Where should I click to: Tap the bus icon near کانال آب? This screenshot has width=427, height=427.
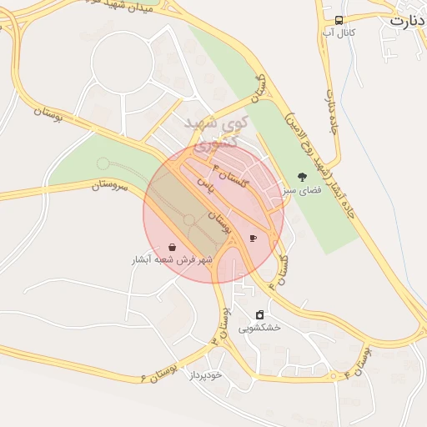pos(339,20)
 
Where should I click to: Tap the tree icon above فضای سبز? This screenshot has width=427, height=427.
pos(301,178)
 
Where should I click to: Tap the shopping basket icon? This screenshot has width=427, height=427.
pos(172,248)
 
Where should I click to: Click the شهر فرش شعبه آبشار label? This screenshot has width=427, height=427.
pos(172,260)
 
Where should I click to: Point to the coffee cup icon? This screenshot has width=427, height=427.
pos(253,239)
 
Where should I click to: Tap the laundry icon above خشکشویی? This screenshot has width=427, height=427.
pos(260,315)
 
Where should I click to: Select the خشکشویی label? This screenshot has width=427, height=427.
pos(260,328)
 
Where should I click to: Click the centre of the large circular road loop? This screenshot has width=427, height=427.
pos(123,63)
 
